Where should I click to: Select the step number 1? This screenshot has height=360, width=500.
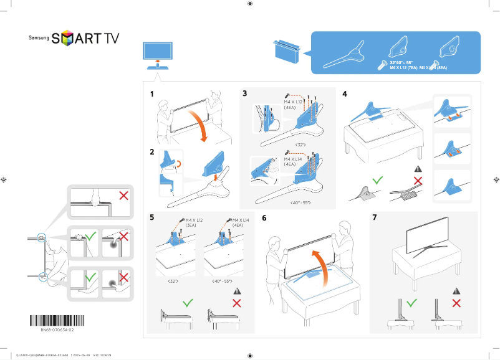pyautogui.click(x=152, y=95)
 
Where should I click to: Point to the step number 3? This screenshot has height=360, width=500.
pyautogui.click(x=245, y=94)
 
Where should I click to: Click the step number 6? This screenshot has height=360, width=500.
pyautogui.click(x=264, y=219)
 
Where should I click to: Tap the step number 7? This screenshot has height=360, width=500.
pyautogui.click(x=374, y=218)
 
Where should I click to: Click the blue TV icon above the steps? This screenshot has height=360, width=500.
pyautogui.click(x=158, y=53)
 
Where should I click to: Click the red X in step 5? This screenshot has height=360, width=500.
pyautogui.click(x=236, y=303)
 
